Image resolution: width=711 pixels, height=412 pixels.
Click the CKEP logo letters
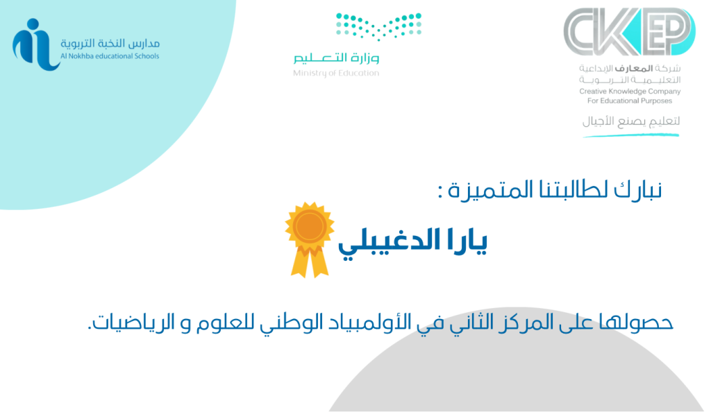pyautogui.click(x=629, y=32)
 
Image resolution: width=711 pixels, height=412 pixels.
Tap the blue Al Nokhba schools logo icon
pyautogui.click(x=35, y=44)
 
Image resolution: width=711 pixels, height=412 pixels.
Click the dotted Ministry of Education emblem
pyautogui.click(x=378, y=26)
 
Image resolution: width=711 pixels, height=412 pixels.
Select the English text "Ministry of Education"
pyautogui.click(x=336, y=74)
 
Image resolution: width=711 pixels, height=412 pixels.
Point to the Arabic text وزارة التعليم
pyautogui.click(x=336, y=58)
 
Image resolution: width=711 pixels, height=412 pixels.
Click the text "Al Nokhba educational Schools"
pyautogui.click(x=110, y=56)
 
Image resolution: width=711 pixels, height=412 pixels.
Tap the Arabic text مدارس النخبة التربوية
pyautogui.click(x=110, y=44)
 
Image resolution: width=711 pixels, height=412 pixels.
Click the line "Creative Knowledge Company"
pyautogui.click(x=630, y=92)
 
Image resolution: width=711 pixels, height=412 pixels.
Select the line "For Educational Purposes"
pyautogui.click(x=630, y=101)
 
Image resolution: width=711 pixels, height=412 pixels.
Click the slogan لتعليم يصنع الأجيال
pyautogui.click(x=631, y=121)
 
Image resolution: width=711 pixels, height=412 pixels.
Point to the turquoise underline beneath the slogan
pyautogui.click(x=631, y=135)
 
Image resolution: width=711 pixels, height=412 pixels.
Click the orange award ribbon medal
pyautogui.click(x=310, y=239)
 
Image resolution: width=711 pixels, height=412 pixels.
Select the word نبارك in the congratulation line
pyautogui.click(x=638, y=190)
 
